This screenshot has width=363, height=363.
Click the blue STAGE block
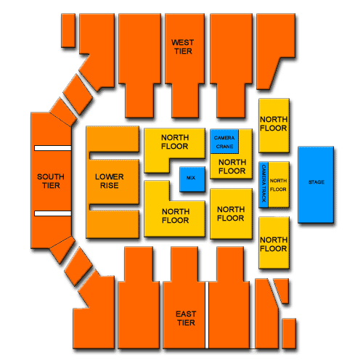(316, 184)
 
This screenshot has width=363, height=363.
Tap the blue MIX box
(192, 179)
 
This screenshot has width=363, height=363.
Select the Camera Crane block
(224, 142)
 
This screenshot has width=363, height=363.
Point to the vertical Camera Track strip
(264, 185)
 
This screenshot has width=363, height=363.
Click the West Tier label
(183, 47)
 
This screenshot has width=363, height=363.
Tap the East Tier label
(186, 318)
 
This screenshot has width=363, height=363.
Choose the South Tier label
(51, 181)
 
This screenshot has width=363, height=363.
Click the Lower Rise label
(110, 181)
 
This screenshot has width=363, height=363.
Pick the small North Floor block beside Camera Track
(279, 185)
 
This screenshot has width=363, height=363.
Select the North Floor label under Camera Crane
(232, 166)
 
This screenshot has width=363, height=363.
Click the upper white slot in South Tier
(53, 148)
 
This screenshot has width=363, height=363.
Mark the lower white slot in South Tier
(53, 213)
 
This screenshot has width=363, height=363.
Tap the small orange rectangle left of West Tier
(68, 30)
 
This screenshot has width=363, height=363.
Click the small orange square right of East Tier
(289, 333)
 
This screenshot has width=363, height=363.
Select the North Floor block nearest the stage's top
(274, 126)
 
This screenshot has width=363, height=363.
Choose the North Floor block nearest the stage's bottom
(274, 242)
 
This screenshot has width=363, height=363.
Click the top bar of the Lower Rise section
(113, 139)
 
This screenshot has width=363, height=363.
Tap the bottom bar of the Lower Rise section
(113, 224)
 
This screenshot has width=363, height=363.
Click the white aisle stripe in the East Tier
(207, 315)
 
